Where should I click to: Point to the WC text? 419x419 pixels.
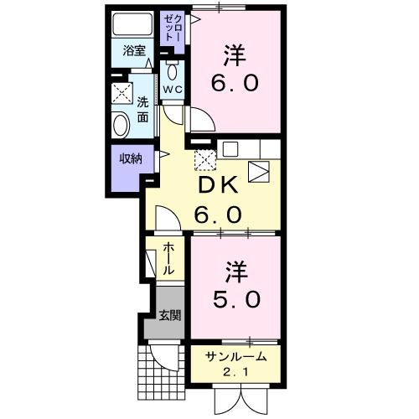(x=173, y=89)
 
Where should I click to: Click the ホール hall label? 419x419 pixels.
(x=167, y=259)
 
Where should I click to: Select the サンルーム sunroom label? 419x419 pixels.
(x=236, y=356)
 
